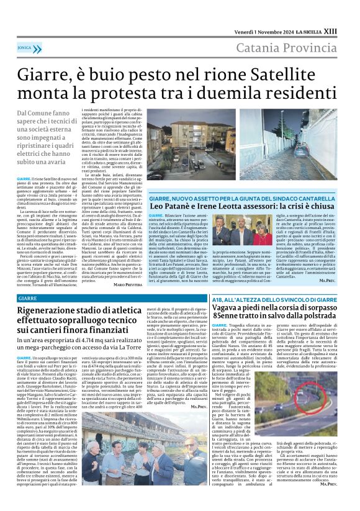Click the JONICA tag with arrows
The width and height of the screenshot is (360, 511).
point(25,47)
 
